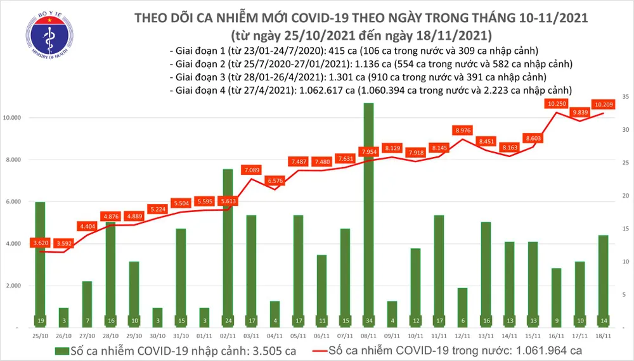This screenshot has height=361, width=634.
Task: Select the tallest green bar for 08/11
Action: (368, 215)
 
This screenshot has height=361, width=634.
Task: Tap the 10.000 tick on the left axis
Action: (14, 118)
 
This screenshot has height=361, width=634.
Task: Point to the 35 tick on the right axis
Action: (625, 97)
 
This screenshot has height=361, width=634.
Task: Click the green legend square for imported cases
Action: (61, 351)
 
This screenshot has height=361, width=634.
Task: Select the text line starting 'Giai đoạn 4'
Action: (372, 90)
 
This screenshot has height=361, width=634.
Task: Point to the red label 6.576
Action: (275, 180)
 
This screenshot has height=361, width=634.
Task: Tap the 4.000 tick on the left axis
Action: (15, 244)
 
